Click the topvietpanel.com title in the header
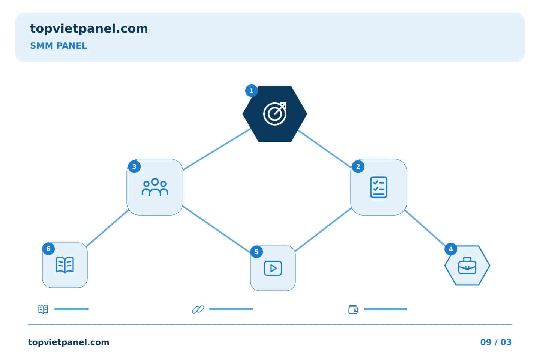click(x=89, y=29)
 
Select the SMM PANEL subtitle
click(x=58, y=46)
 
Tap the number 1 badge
click(x=251, y=91)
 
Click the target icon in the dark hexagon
click(x=275, y=114)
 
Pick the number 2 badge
click(x=358, y=166)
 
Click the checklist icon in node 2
click(x=378, y=187)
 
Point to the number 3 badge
click(x=134, y=166)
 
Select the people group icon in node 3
click(x=155, y=187)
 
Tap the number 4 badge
click(x=451, y=249)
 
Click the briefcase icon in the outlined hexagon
click(x=467, y=266)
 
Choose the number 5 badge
click(x=256, y=252)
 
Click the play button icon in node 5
click(x=273, y=268)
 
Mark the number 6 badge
click(x=48, y=249)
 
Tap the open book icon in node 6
click(x=65, y=265)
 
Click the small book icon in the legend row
click(x=43, y=309)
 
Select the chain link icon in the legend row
click(x=198, y=309)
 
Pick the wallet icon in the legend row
click(x=353, y=309)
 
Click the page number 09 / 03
click(x=496, y=342)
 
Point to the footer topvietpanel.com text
click(x=69, y=342)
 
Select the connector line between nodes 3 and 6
click(x=108, y=228)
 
